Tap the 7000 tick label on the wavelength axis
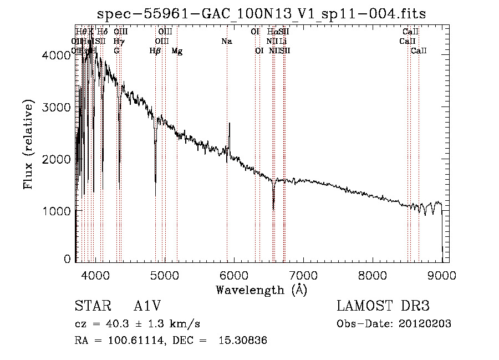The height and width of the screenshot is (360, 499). point(303,275)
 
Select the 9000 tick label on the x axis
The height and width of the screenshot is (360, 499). point(442,275)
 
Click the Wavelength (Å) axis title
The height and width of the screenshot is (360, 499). point(261,290)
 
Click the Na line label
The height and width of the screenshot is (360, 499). point(226,41)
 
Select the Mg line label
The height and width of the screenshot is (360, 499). point(177,51)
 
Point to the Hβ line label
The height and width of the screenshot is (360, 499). point(155,51)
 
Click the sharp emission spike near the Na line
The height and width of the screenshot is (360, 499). point(230,124)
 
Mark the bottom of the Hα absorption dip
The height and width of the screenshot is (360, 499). point(273,209)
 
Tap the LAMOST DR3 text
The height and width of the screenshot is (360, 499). point(383,306)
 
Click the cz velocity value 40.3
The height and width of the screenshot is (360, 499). point(117,324)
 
